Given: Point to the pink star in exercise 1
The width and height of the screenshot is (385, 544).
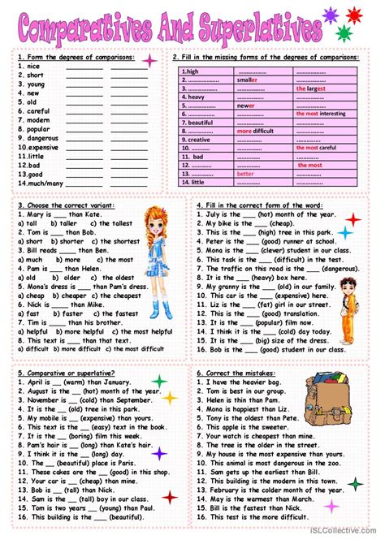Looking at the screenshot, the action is coord(150,61).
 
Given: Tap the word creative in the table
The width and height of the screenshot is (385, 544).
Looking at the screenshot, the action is coord(199,140).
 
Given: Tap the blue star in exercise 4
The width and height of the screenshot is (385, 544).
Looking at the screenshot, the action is coord(345,233).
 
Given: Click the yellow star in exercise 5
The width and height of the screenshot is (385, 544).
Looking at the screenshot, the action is coord(170,398).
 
